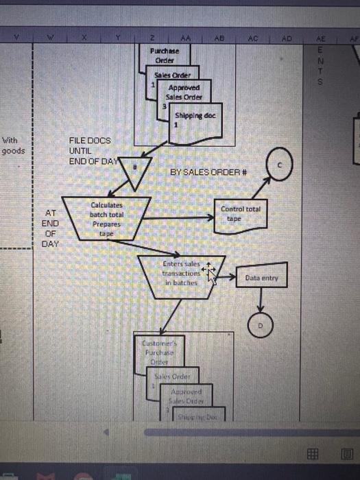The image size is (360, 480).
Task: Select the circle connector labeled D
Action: pos(260,326)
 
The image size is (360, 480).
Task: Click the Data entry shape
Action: pos(261,278)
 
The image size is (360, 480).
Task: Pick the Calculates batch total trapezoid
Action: pos(106,218)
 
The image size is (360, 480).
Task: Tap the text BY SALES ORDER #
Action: pos(208,173)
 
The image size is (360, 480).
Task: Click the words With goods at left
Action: pos(12,145)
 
